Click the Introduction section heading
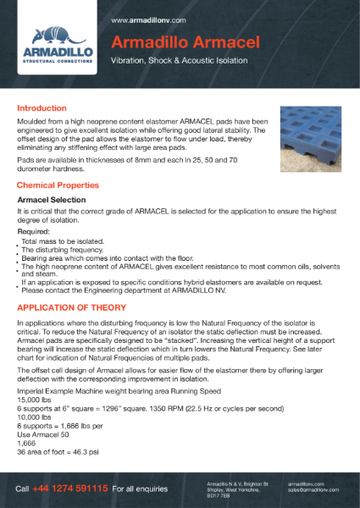pyautogui.click(x=42, y=108)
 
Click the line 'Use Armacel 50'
pyautogui.click(x=42, y=435)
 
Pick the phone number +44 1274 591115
pyautogui.click(x=71, y=489)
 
